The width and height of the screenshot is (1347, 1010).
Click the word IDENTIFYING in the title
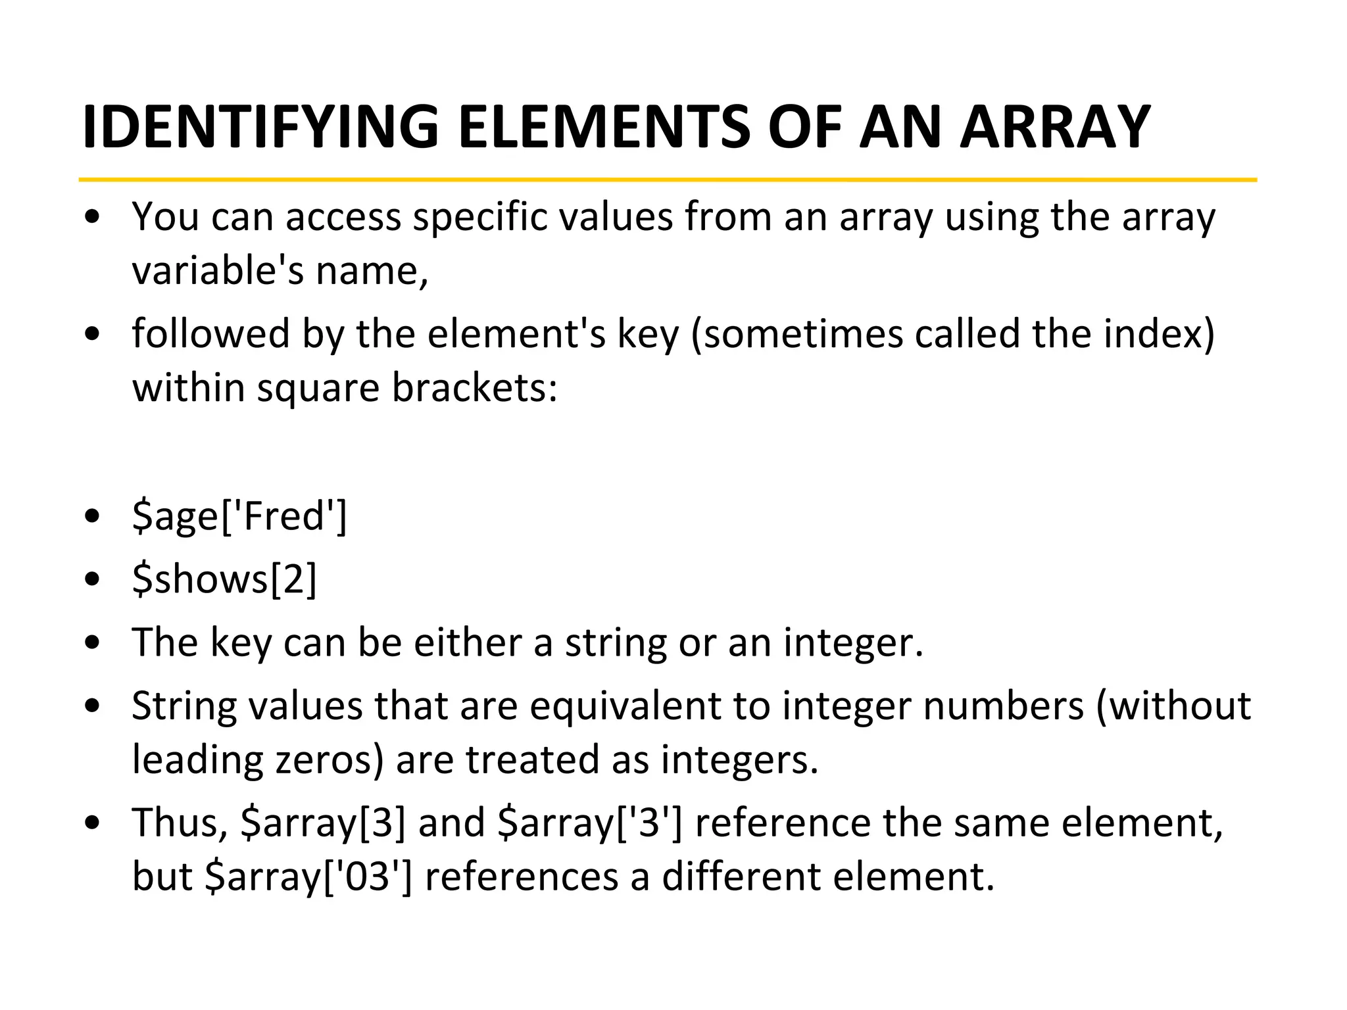click(260, 126)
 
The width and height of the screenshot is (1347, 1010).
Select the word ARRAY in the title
click(1055, 126)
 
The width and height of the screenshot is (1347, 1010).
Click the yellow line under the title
click(667, 180)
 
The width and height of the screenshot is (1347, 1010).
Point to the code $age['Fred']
click(239, 516)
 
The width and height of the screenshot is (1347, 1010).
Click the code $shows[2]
click(224, 579)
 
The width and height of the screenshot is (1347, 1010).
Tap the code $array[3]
click(323, 823)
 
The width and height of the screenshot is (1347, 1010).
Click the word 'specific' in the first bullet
click(480, 216)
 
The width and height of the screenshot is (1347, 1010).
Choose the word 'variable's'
click(218, 270)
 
